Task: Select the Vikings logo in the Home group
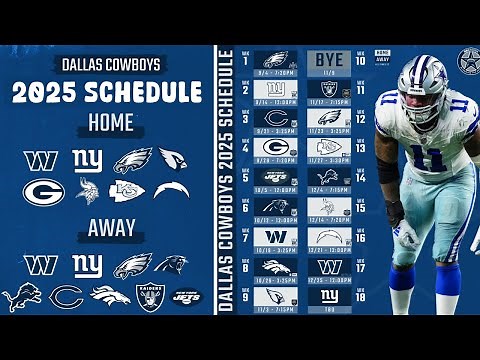(x=87, y=190)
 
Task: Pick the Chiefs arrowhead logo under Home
(x=127, y=190)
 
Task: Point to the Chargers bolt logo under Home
(x=171, y=190)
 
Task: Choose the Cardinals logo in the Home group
(x=171, y=159)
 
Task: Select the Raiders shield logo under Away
(x=149, y=297)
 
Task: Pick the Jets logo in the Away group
(x=188, y=297)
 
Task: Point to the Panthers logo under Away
(x=171, y=265)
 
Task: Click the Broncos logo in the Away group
(x=108, y=297)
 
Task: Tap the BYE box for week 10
(x=330, y=60)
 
